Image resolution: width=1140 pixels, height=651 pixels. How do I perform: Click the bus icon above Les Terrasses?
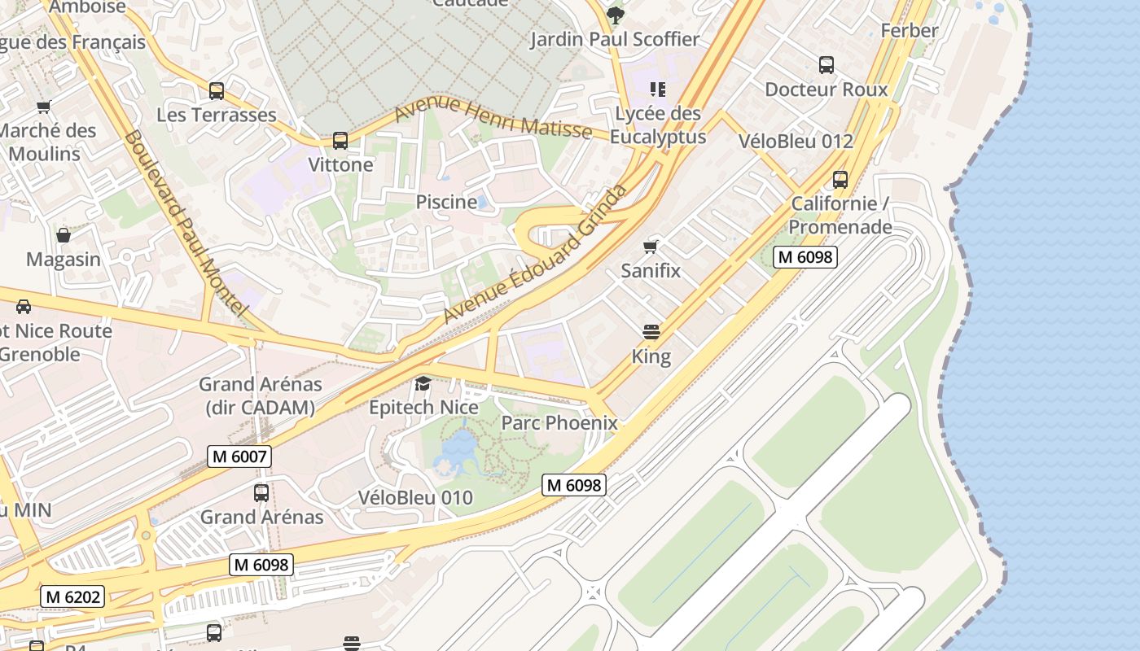tap(217, 90)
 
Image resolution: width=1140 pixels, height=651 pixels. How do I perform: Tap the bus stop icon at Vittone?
tap(340, 141)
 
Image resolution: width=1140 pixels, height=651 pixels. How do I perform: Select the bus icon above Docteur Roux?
tap(826, 65)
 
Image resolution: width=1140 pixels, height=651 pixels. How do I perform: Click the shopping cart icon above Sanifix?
tap(650, 247)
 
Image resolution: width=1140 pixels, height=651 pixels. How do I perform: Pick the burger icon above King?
tap(651, 332)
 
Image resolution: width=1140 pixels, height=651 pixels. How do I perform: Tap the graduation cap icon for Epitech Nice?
tap(423, 383)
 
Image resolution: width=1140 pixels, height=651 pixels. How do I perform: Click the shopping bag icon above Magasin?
tap(64, 236)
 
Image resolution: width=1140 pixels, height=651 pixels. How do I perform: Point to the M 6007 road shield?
tap(239, 457)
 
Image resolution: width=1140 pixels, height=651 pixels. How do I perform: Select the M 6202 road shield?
tap(72, 596)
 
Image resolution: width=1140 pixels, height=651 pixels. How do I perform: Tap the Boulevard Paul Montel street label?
tap(185, 223)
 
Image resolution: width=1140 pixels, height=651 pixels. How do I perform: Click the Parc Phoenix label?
tap(559, 423)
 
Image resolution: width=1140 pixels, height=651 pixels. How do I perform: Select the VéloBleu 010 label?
tap(415, 498)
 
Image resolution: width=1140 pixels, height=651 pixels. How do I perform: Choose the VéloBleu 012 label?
tap(795, 141)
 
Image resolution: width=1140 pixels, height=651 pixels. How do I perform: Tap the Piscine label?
tap(446, 202)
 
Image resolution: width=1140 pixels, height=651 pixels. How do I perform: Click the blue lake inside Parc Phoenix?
tap(458, 451)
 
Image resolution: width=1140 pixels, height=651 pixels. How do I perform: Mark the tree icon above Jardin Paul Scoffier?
tap(615, 15)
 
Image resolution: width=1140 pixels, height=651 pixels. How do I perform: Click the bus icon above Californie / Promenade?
tap(840, 180)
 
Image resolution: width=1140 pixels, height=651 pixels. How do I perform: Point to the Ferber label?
tap(910, 31)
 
